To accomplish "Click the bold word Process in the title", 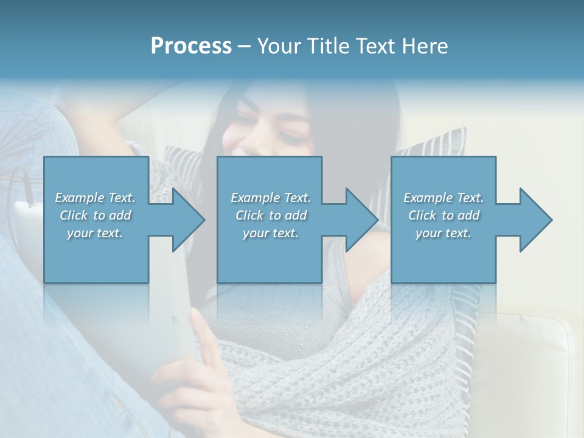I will pos(191,46).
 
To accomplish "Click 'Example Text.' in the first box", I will pos(96,198).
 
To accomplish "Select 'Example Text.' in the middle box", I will pos(271,198).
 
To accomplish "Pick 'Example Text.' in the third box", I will pos(443,198).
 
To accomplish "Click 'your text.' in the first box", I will pos(96,233).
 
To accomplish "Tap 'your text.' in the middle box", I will pos(271,233).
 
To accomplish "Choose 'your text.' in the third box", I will pos(443,233).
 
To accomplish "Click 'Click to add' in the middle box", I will pos(271,215).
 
